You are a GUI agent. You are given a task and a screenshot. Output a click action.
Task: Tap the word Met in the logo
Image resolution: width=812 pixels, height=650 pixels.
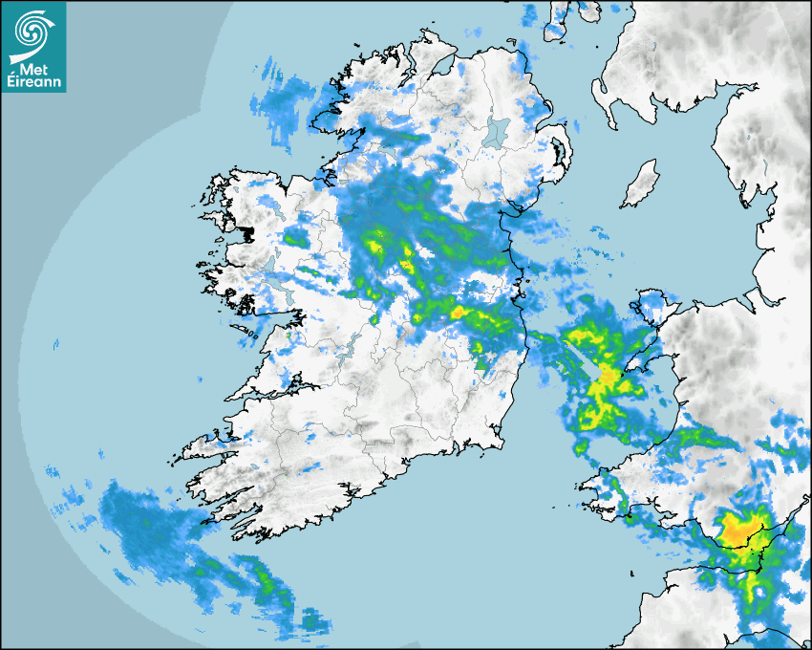pos(34,68)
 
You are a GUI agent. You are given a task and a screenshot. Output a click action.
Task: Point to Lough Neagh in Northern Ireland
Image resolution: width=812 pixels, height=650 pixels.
pos(497,131)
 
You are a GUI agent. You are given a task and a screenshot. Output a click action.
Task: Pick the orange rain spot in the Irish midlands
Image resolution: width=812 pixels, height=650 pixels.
pos(458,312)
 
